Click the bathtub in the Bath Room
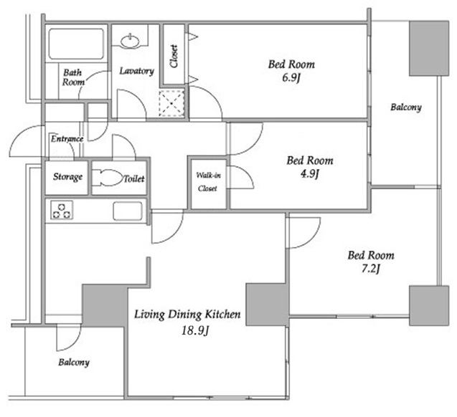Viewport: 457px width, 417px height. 76,44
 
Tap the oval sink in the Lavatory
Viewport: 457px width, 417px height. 131,41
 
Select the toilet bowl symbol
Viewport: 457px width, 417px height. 108,177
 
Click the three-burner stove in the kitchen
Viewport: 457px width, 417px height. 62,210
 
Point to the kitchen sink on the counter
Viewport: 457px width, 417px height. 128,211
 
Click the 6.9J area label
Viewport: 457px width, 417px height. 291,78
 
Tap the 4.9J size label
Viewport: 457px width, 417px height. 310,174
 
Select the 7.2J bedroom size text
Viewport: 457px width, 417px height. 371,269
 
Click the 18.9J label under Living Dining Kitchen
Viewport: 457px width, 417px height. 195,330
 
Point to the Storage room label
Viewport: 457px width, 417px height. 67,177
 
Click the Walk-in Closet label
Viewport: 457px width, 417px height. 208,182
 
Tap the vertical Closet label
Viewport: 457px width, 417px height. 174,56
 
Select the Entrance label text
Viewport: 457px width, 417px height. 67,139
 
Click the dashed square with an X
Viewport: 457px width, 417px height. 171,104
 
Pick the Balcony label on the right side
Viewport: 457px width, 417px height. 406,107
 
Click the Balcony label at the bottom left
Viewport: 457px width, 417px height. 74,363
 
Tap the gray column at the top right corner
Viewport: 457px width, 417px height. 429,48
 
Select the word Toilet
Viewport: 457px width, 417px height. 134,178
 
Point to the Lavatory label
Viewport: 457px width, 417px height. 137,72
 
